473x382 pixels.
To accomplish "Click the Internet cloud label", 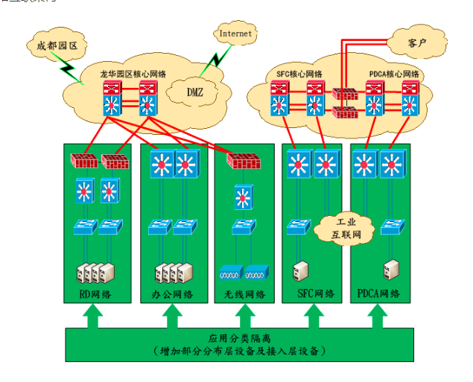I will point(235,34).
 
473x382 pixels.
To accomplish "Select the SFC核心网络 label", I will point(299,74).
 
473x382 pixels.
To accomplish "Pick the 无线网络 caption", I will point(244,295).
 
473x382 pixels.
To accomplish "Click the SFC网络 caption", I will point(311,295).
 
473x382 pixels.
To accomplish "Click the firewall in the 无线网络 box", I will point(243,159).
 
